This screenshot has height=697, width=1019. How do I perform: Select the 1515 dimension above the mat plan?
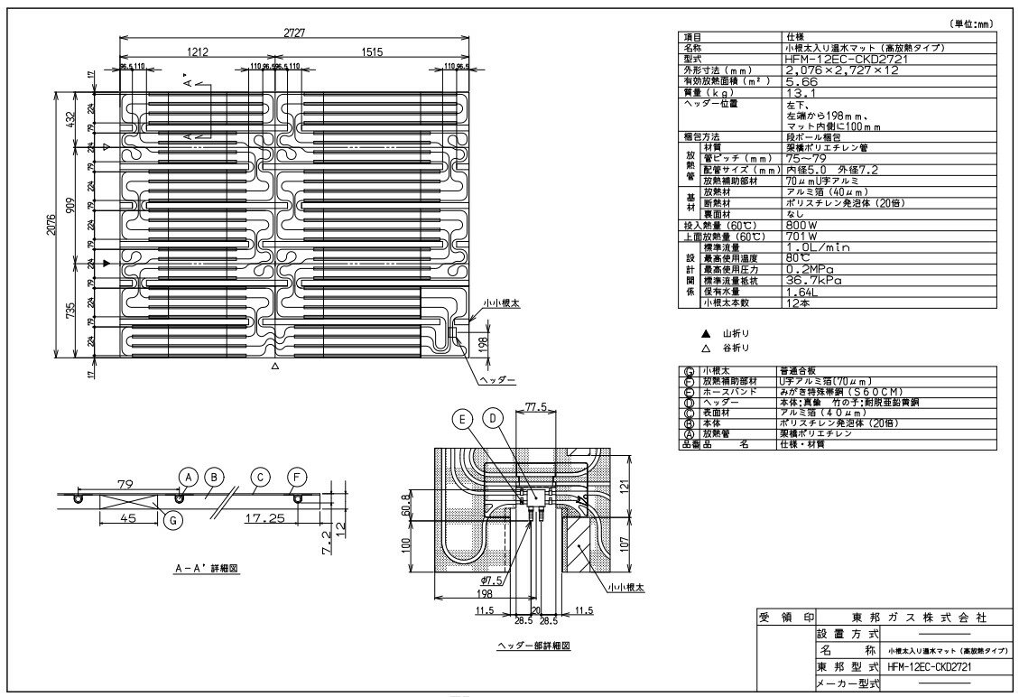pos(372,53)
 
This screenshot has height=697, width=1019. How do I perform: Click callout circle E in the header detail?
pos(463,419)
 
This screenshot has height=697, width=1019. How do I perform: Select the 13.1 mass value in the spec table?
pos(801,91)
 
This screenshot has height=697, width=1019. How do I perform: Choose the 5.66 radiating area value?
pos(801,81)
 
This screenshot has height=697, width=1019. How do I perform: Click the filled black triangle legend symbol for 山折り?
pos(693,333)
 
